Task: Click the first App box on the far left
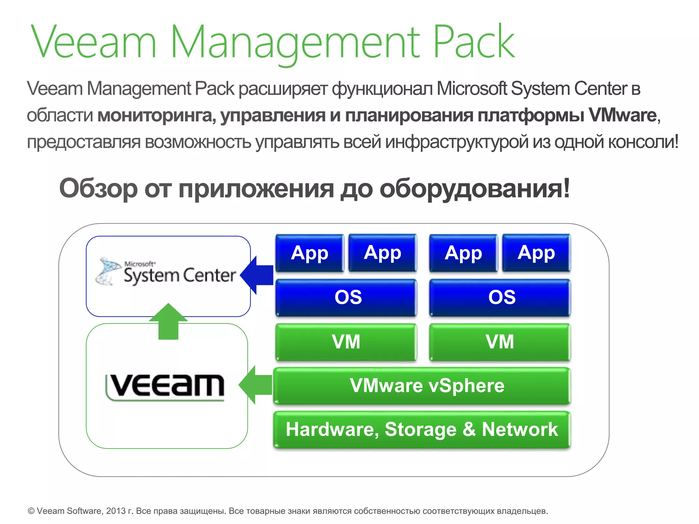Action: click(310, 253)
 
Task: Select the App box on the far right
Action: click(536, 253)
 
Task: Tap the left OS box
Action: click(346, 297)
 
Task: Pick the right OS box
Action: click(500, 297)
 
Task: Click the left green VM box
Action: click(346, 342)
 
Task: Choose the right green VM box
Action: click(500, 342)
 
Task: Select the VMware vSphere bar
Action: click(422, 386)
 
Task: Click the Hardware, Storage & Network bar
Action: click(422, 430)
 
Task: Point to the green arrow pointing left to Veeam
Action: click(255, 385)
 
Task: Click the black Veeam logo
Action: click(165, 387)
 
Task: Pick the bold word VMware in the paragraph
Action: click(623, 115)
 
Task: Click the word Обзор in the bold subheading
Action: click(98, 189)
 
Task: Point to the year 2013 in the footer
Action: click(115, 511)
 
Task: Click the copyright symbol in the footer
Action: click(31, 511)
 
